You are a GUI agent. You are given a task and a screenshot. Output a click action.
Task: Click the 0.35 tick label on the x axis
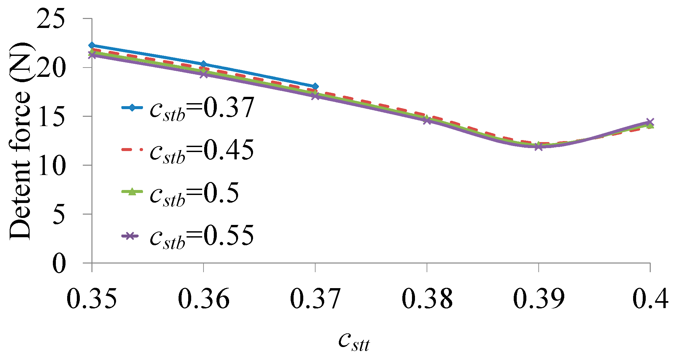(x=92, y=298)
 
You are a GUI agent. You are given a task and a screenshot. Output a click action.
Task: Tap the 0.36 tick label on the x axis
(x=203, y=298)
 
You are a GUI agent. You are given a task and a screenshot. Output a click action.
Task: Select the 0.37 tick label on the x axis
(x=315, y=298)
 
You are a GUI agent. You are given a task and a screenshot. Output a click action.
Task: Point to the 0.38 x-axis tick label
(x=427, y=298)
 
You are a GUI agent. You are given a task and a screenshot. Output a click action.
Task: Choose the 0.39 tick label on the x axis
(x=539, y=298)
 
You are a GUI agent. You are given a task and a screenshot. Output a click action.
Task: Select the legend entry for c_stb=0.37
(x=188, y=108)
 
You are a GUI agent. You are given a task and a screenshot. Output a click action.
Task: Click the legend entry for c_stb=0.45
(x=188, y=150)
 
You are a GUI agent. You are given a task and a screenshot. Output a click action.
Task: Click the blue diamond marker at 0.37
(x=315, y=87)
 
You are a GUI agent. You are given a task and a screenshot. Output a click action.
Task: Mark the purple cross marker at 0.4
(x=650, y=122)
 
